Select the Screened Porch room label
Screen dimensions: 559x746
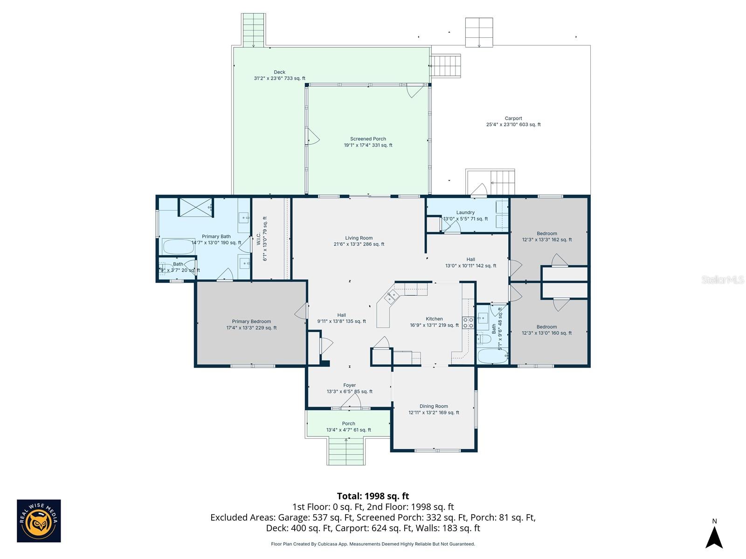click(x=368, y=142)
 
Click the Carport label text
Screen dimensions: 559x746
click(x=513, y=122)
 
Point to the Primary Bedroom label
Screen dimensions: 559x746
click(x=251, y=325)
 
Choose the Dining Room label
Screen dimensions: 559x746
click(x=434, y=409)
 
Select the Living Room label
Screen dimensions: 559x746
click(x=359, y=241)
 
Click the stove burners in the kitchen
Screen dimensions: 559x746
click(x=468, y=322)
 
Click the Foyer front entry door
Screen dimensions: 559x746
click(x=351, y=402)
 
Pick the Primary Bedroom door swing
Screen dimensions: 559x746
click(x=301, y=311)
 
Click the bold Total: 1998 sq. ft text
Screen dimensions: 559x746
click(x=373, y=496)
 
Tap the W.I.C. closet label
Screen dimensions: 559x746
click(x=264, y=239)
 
